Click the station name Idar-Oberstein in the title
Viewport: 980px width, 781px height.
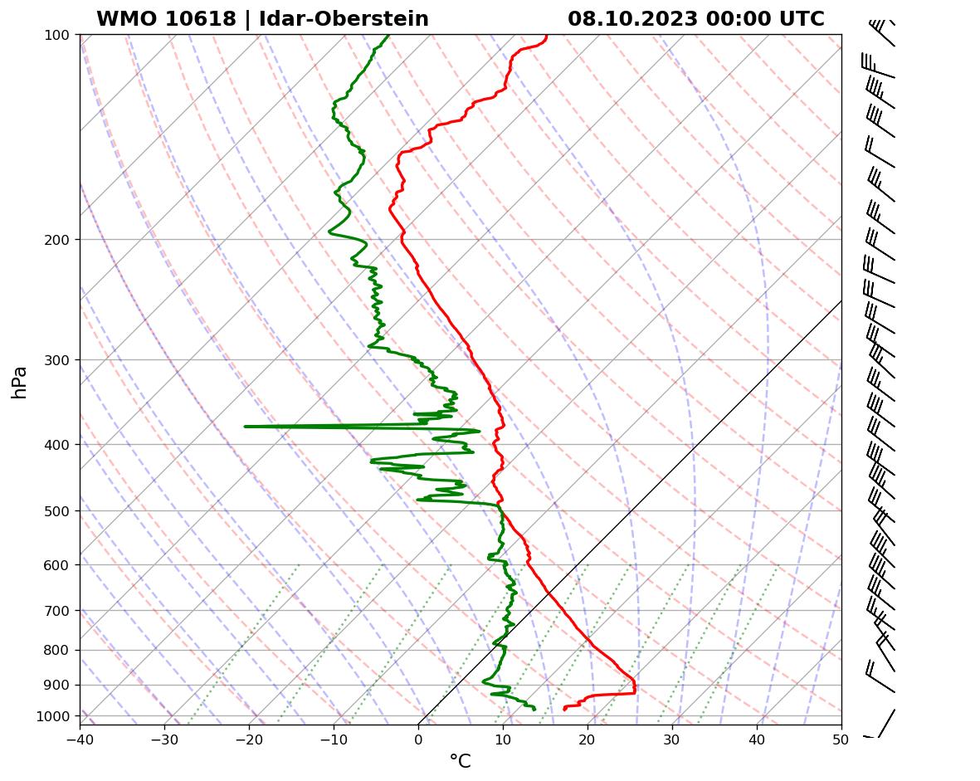[x=344, y=19]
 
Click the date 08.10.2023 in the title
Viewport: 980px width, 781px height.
[x=632, y=19]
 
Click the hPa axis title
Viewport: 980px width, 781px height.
[x=20, y=382]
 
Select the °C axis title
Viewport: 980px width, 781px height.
[x=460, y=761]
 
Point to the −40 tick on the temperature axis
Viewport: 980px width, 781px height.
[x=80, y=738]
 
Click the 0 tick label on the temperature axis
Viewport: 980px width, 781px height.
[x=418, y=738]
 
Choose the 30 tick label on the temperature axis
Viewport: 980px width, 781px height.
[x=672, y=738]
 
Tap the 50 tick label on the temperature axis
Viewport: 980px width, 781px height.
[x=841, y=738]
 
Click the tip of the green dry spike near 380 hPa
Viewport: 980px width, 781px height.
[x=246, y=427]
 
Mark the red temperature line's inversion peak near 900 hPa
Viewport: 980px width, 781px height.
[x=635, y=690]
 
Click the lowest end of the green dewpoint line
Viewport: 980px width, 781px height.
[x=534, y=709]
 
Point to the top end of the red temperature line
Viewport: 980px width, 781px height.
[x=546, y=36]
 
